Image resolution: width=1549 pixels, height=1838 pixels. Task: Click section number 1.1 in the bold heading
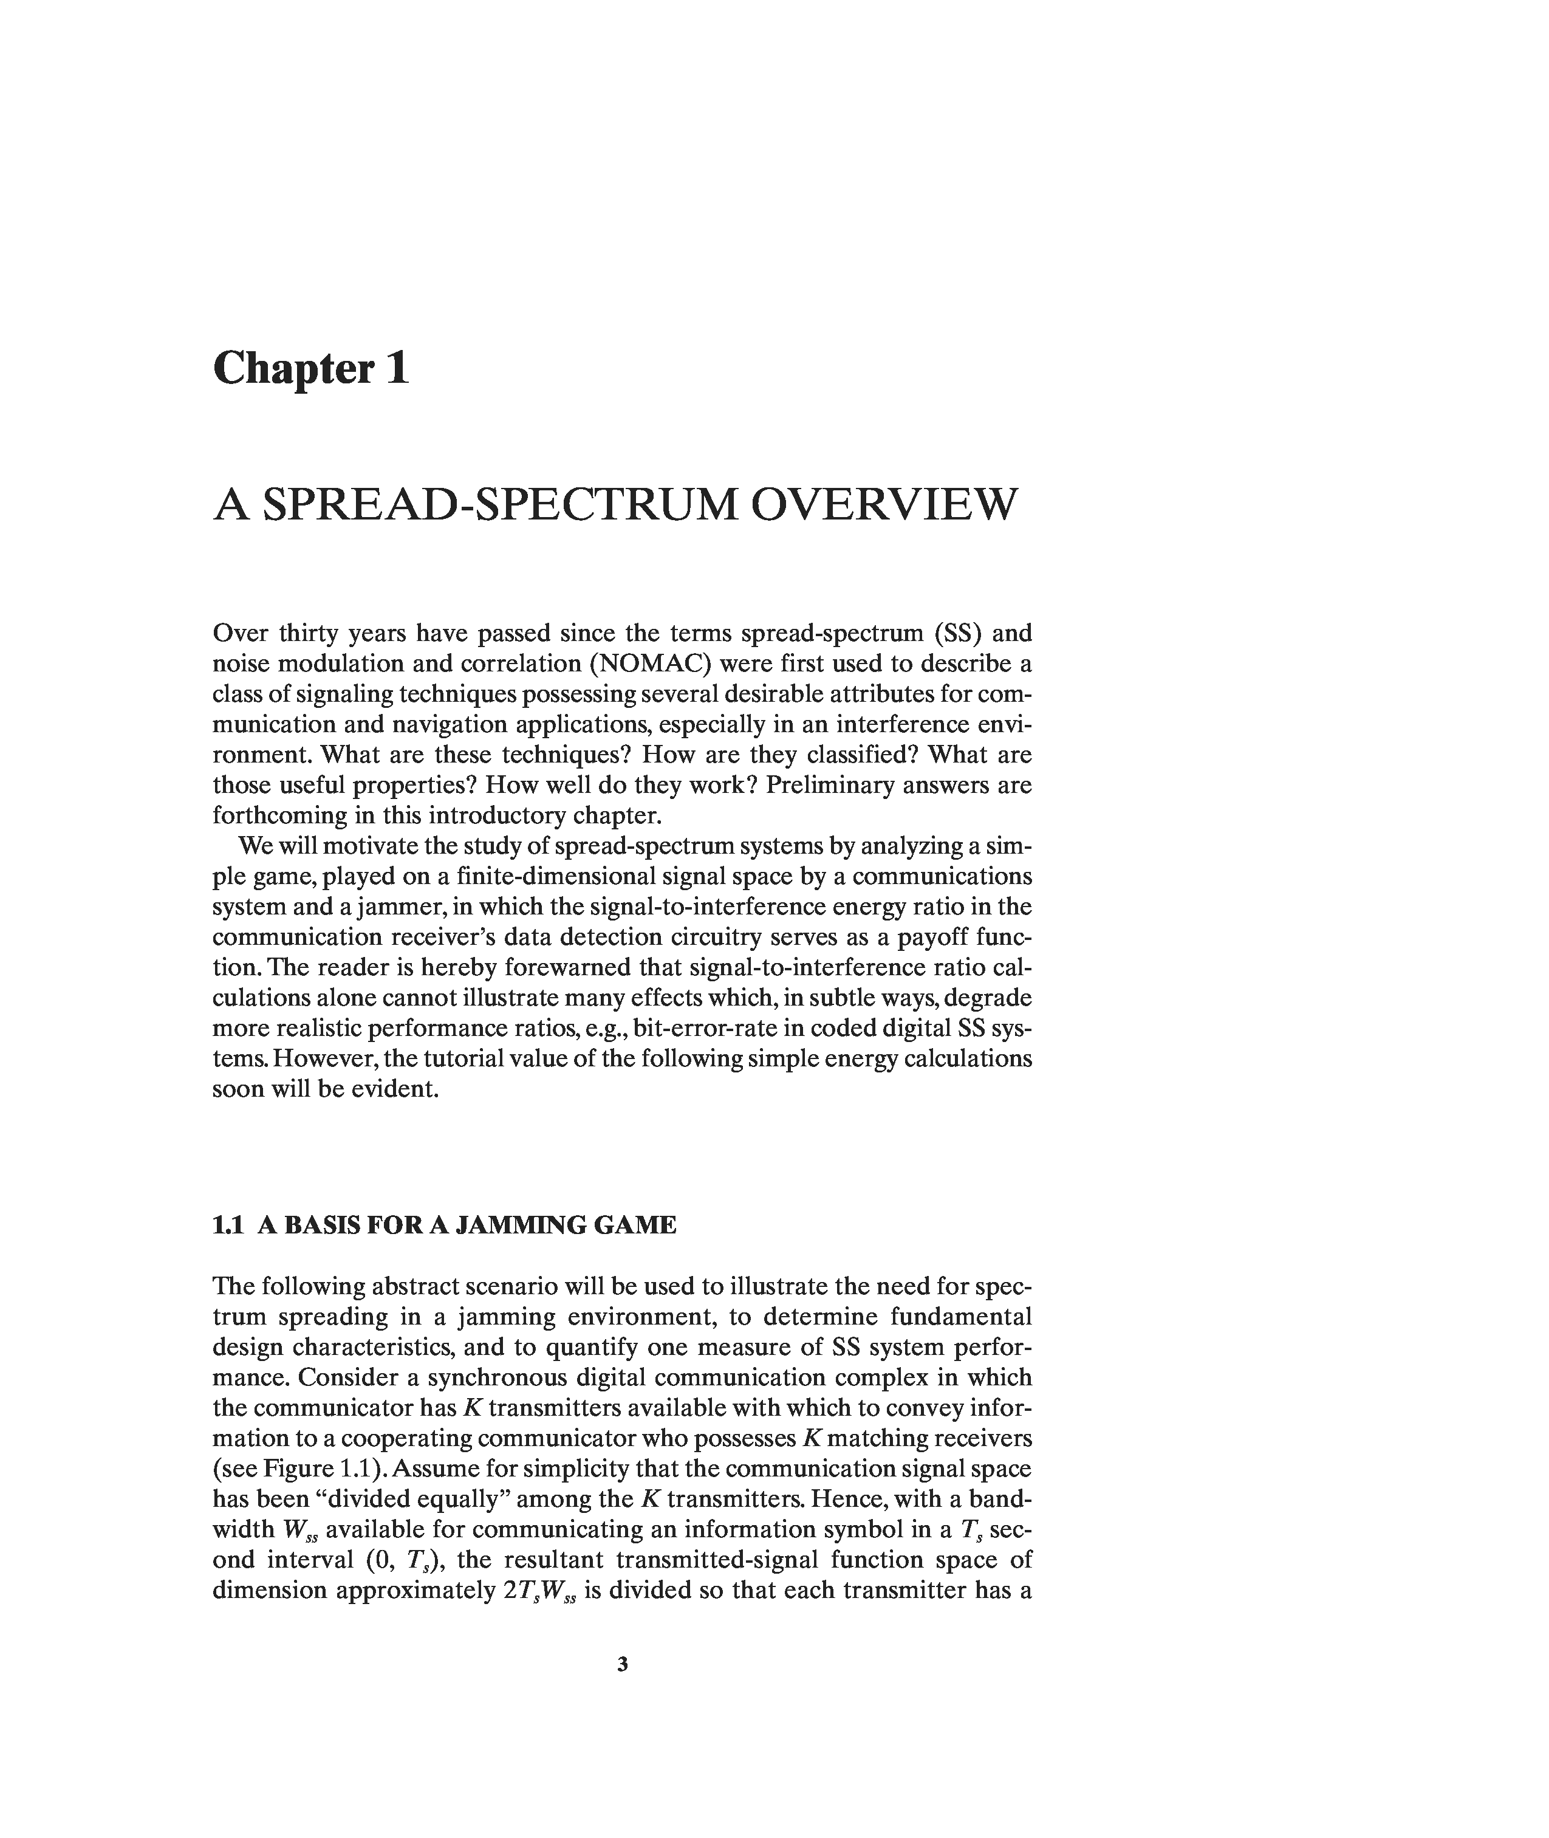(x=227, y=1225)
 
